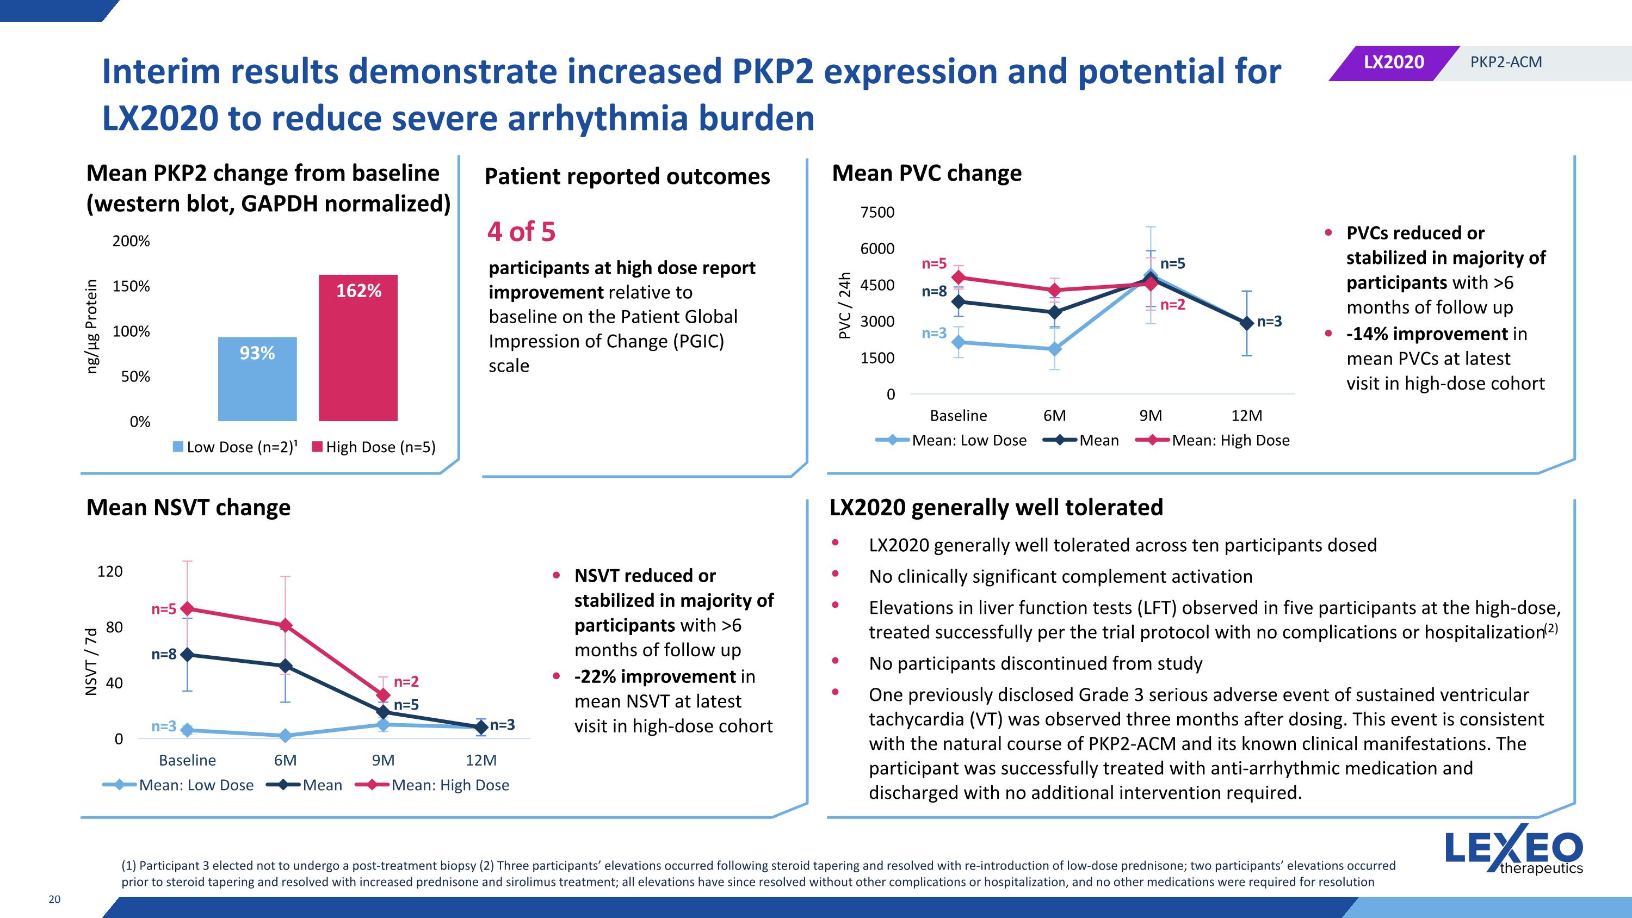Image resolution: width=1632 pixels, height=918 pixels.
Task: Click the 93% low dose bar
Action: click(x=257, y=378)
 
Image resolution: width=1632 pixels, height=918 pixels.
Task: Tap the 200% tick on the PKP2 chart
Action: click(x=131, y=242)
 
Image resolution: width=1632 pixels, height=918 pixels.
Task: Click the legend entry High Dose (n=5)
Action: click(x=374, y=447)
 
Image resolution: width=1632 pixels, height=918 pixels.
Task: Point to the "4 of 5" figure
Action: click(x=521, y=232)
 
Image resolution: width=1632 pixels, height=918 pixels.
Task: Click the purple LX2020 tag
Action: click(x=1393, y=62)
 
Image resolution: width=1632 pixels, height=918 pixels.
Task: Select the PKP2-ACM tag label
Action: click(x=1505, y=62)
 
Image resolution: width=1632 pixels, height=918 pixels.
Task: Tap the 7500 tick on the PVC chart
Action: click(x=877, y=212)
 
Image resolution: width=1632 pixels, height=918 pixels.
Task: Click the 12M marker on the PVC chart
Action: click(x=1246, y=323)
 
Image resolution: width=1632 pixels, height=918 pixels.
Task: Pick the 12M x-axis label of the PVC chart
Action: click(x=1246, y=416)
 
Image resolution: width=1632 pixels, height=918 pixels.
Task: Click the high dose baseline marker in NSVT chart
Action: click(x=187, y=609)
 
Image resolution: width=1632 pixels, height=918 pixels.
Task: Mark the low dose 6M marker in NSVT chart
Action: click(x=285, y=736)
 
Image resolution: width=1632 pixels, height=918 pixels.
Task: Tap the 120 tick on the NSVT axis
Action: click(x=109, y=571)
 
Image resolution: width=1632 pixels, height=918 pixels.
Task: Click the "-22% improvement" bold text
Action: click(x=655, y=676)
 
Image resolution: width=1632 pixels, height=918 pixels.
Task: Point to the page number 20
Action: click(x=54, y=899)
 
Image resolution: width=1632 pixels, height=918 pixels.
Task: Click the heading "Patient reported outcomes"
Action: click(x=627, y=176)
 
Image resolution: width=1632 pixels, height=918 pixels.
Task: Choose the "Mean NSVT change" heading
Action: click(x=188, y=508)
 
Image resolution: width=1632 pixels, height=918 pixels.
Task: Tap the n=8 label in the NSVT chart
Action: click(x=163, y=655)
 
